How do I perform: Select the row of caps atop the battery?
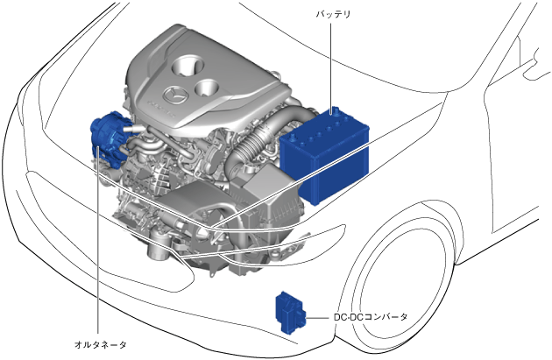click(325, 127)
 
